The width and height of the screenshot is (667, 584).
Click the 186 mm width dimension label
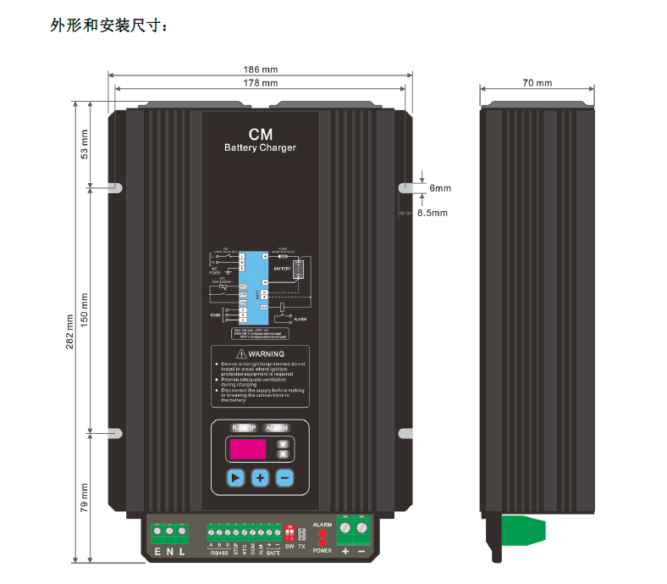[261, 70]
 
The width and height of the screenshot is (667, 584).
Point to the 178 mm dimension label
[261, 83]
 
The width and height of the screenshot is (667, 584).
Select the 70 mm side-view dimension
[537, 83]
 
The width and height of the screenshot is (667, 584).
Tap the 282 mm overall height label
[70, 331]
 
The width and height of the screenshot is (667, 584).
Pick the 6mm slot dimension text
[439, 188]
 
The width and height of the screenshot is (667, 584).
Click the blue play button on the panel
[235, 478]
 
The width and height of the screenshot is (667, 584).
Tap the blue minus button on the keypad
[284, 478]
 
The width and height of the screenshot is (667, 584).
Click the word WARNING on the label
[266, 353]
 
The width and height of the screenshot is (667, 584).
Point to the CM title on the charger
[260, 135]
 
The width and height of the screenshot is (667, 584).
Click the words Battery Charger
[260, 148]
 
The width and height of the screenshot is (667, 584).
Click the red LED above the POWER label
[322, 542]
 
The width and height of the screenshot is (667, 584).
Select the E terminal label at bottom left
[157, 553]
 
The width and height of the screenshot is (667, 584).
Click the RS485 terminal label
[218, 553]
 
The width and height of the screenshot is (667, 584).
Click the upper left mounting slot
[116, 186]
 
